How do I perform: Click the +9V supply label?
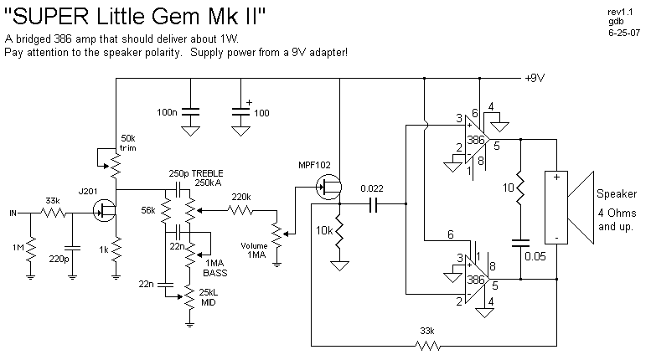coord(534,79)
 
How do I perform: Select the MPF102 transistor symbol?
coord(329,188)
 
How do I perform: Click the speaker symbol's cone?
coord(580,207)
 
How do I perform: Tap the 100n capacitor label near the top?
coord(167,112)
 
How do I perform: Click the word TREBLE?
coord(209,172)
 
